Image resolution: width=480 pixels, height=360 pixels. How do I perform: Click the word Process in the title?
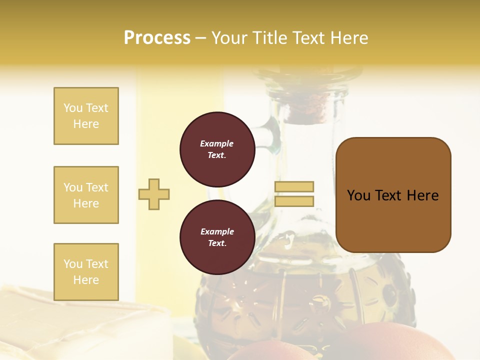click(157, 38)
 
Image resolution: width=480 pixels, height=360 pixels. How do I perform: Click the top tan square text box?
click(86, 116)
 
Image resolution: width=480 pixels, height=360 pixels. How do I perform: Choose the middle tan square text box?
click(86, 195)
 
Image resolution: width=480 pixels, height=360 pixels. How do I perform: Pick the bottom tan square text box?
click(86, 272)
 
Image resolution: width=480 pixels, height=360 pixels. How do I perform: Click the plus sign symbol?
click(154, 194)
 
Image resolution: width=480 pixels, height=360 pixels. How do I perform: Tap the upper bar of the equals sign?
click(294, 186)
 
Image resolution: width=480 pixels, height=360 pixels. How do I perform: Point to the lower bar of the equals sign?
click(294, 201)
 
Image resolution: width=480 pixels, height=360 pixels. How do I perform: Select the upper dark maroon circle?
click(217, 149)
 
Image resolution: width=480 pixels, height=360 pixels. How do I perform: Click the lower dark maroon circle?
click(217, 237)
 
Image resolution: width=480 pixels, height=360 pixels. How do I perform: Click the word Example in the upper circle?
click(216, 143)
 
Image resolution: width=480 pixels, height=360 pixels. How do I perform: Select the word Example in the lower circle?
click(217, 231)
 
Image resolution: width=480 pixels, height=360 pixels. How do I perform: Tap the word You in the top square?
click(72, 108)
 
